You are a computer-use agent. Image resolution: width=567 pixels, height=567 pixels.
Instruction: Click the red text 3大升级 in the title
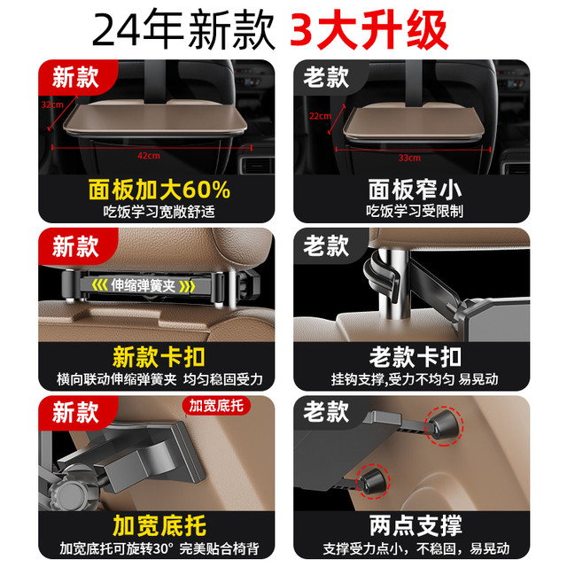click(369, 29)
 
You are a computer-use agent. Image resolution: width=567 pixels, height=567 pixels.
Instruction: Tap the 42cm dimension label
click(149, 156)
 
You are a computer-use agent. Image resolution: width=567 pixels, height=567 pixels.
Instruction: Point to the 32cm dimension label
click(52, 105)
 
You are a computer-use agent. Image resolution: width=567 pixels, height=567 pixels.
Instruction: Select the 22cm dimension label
click(320, 116)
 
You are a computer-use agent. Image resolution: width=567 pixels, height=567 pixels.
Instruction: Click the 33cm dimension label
click(409, 158)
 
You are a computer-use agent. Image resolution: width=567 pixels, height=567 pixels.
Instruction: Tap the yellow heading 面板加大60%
click(159, 190)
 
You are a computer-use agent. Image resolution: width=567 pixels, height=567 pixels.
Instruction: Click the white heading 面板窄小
click(415, 190)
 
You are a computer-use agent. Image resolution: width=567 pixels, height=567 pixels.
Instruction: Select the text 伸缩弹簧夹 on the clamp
click(144, 285)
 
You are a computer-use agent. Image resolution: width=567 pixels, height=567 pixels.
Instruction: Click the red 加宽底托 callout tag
click(216, 406)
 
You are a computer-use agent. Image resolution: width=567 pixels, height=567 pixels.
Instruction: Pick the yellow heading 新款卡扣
click(159, 357)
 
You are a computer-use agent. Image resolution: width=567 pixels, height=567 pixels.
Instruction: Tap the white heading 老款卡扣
click(415, 357)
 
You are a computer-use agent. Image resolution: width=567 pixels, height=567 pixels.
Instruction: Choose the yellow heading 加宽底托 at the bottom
click(159, 525)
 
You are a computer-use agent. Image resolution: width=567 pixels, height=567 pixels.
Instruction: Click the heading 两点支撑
click(416, 525)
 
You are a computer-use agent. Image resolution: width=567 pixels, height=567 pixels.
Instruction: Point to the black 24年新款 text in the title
click(183, 29)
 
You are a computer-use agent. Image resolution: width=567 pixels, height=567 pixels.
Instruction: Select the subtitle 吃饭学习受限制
click(415, 211)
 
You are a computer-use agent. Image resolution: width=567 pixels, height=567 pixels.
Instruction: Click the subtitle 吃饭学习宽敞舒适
click(159, 212)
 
